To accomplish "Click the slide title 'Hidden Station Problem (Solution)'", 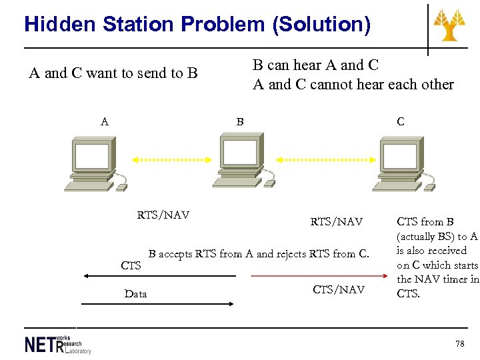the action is (x=197, y=25).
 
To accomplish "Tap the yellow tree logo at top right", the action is (x=450, y=25).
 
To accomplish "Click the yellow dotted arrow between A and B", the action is (x=167, y=160).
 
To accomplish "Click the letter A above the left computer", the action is (x=104, y=122).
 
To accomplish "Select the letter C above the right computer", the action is (x=400, y=122).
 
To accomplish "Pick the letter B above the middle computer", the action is (x=240, y=122).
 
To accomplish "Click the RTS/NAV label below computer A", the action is (x=163, y=215).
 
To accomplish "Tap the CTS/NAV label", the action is (x=339, y=289).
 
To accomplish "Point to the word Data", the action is (x=135, y=294).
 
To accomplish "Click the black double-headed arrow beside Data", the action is (x=157, y=304).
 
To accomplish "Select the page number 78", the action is (x=459, y=343).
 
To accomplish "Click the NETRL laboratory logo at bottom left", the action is (x=57, y=343).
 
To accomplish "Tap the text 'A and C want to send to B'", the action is (x=113, y=73).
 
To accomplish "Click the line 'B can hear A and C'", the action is (x=315, y=65).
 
